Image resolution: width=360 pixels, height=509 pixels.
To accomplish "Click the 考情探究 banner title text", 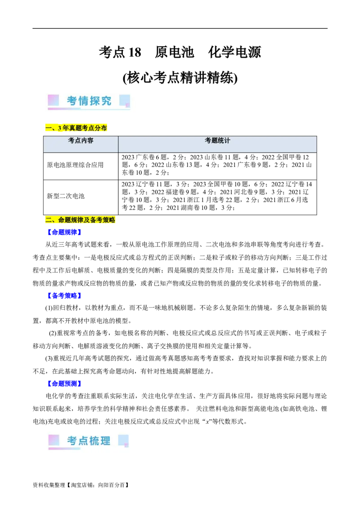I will click(89, 101).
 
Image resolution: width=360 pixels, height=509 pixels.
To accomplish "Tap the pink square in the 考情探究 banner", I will click(54, 100).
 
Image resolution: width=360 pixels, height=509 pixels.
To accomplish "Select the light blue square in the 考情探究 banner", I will click(125, 100).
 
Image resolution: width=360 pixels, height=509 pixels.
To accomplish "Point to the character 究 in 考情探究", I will click(106, 101).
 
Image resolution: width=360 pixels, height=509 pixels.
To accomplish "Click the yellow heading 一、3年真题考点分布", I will click(76, 128).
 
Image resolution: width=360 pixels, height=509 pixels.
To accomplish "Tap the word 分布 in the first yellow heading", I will click(101, 128).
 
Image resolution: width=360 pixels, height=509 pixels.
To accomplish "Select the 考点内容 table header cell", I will click(81, 141).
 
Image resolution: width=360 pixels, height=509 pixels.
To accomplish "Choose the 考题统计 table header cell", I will click(217, 141).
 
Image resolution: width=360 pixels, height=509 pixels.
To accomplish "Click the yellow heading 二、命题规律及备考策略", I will click(81, 220).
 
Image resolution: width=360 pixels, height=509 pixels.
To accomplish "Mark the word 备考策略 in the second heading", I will click(103, 220).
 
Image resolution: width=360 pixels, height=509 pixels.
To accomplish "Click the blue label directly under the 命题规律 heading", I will click(64, 232).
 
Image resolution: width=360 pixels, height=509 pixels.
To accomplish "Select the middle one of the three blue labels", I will click(64, 296).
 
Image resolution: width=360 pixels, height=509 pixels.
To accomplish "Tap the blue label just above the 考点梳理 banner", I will click(64, 383).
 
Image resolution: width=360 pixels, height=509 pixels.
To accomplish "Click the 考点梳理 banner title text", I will click(89, 441).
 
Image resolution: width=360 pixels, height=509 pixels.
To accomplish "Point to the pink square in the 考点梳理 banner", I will click(54, 440).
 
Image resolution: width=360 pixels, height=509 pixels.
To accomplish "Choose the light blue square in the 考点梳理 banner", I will click(124, 440).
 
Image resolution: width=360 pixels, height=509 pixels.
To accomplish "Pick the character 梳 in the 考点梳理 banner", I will click(94, 441).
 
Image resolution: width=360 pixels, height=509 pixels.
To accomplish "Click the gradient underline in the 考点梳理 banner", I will click(65, 448).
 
